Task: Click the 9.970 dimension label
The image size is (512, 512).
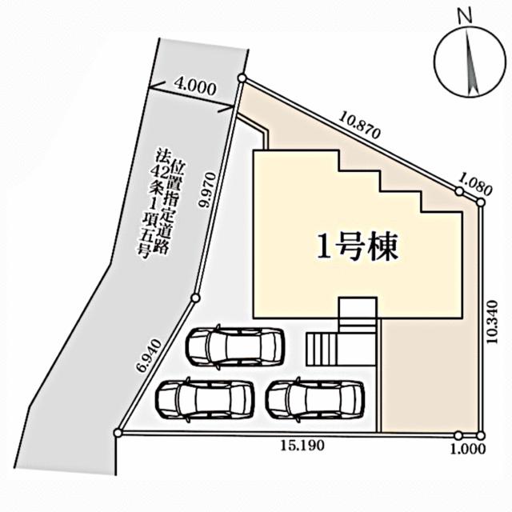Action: pyautogui.click(x=210, y=191)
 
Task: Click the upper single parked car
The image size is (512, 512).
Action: pyautogui.click(x=235, y=346)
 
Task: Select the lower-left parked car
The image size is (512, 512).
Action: pyautogui.click(x=204, y=398)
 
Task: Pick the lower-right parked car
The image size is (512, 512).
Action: pyautogui.click(x=315, y=398)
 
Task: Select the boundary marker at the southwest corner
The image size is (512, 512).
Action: pyautogui.click(x=118, y=433)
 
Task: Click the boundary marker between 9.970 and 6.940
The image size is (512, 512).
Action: pyautogui.click(x=194, y=298)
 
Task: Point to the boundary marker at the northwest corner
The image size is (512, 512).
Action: pyautogui.click(x=242, y=78)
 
